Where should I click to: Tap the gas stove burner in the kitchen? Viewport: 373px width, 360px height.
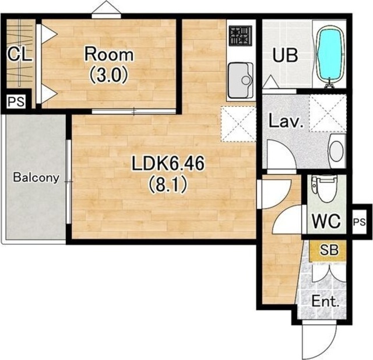pos(241,36)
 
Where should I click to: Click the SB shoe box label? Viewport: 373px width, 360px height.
pos(329,250)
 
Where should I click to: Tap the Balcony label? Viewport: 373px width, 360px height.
pos(36,177)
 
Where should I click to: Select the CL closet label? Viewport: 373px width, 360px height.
pos(19,54)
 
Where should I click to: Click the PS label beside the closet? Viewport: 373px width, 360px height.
pos(16,102)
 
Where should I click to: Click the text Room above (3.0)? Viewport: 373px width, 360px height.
pos(109,54)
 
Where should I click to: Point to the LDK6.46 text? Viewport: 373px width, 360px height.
pos(168,163)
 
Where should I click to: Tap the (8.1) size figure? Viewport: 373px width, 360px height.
pos(168,185)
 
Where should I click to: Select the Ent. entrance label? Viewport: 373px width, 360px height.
pos(325,302)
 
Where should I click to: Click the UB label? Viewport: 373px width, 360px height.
pos(285,55)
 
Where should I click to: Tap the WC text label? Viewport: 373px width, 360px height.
pos(326,221)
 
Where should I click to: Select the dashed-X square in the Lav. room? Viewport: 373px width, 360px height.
pos(328,113)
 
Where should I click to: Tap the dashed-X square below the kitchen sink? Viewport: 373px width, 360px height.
pos(238,124)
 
